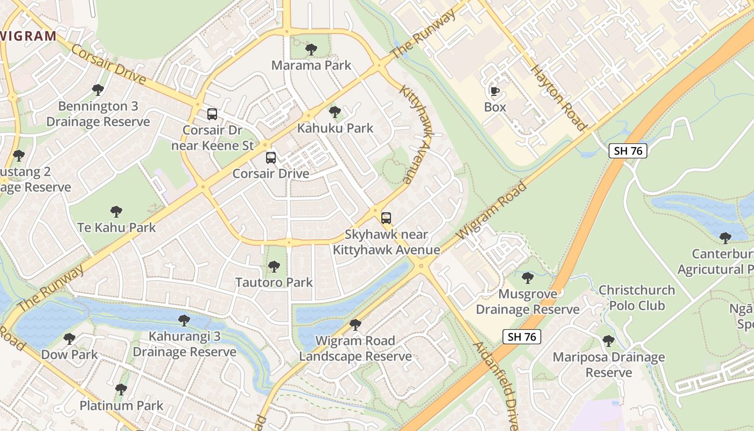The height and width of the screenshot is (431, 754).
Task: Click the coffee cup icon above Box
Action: [494, 91]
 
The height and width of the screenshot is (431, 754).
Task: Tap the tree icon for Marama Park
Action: [311, 50]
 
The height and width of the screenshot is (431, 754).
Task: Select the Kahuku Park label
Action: [335, 128]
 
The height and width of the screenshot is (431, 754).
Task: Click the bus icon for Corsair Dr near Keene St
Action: [212, 114]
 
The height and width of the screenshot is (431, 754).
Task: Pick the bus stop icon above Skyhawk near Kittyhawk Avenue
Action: [386, 218]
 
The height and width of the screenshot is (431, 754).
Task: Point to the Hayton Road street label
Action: [558, 98]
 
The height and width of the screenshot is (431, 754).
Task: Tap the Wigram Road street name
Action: [492, 211]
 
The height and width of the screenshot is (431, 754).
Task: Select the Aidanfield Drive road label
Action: [496, 385]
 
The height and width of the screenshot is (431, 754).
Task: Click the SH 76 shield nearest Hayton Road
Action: [628, 151]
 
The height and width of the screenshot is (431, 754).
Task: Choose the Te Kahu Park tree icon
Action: [116, 211]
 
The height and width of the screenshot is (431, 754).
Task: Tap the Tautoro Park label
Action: [274, 282]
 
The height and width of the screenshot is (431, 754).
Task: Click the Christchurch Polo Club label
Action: [637, 298]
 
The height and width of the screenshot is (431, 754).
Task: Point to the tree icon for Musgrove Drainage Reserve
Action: [528, 278]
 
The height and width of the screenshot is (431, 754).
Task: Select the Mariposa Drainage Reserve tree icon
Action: [609, 341]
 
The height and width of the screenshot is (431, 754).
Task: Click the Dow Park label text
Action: [69, 354]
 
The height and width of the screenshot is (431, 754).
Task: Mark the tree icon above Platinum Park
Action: [121, 389]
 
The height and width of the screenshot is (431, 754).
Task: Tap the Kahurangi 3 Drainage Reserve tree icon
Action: [184, 321]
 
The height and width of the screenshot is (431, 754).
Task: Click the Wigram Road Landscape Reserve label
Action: [355, 349]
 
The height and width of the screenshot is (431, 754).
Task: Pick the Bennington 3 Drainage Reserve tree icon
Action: [97, 89]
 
